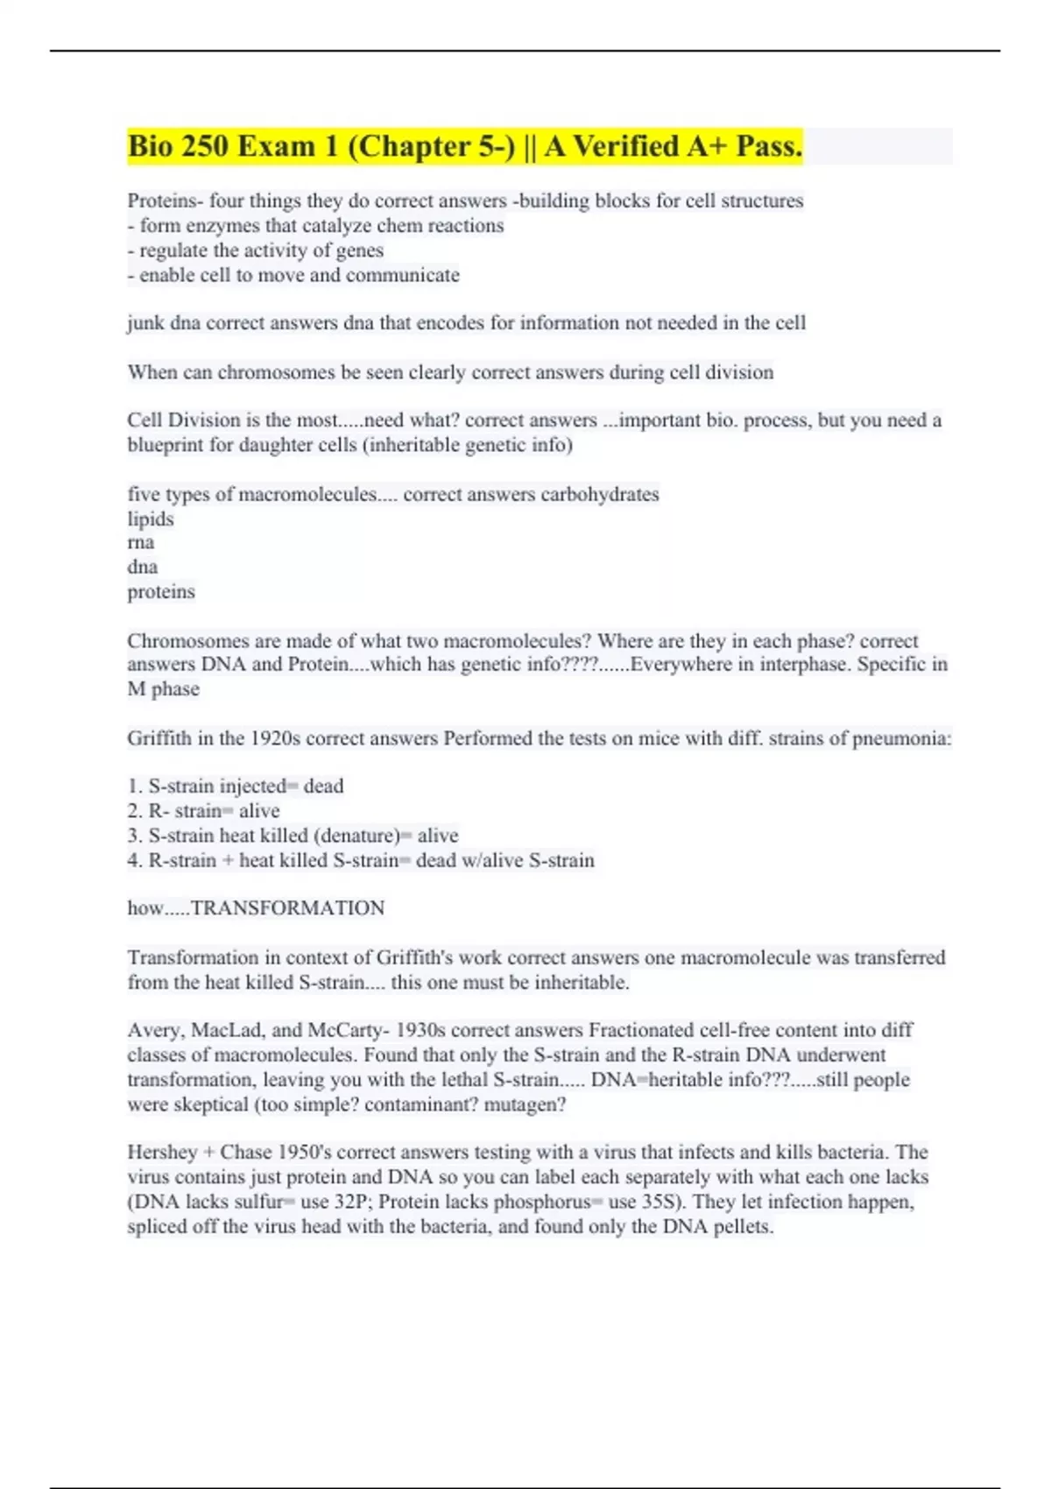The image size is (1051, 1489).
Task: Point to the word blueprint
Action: click(x=168, y=445)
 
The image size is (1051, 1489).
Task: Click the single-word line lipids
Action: click(x=151, y=519)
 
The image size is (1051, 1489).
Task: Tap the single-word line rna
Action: click(x=141, y=542)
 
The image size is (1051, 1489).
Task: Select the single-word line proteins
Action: click(x=161, y=592)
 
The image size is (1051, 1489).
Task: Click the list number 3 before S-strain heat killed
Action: click(x=133, y=836)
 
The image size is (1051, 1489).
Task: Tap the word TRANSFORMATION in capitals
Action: click(x=287, y=908)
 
